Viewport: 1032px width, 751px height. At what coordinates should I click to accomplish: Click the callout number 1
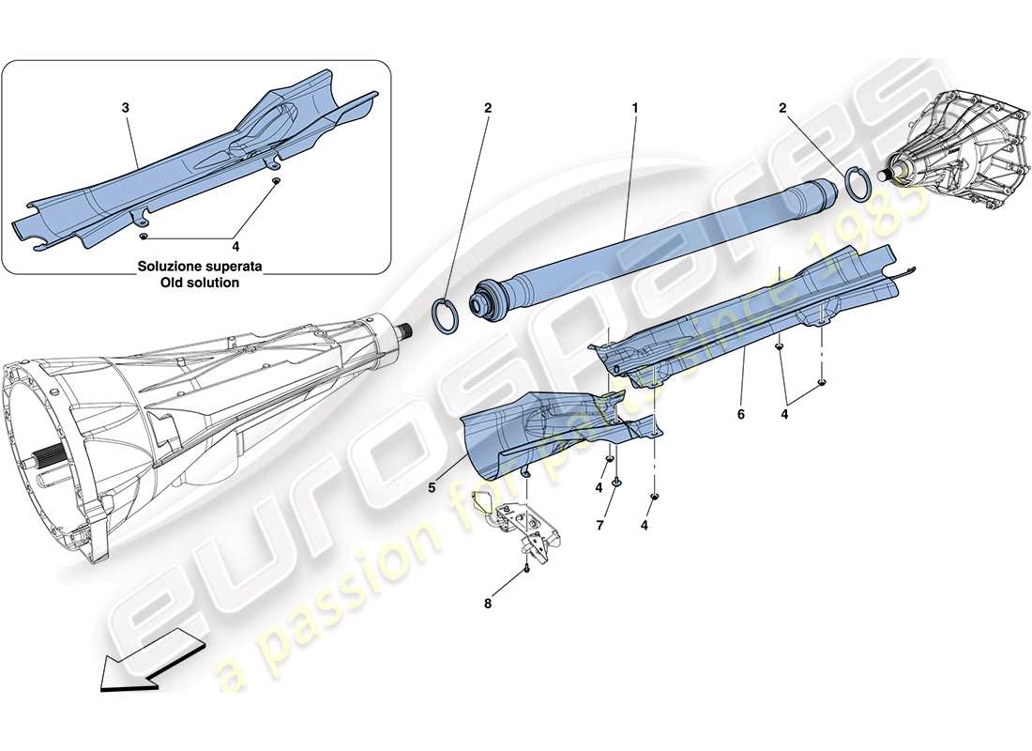(x=635, y=109)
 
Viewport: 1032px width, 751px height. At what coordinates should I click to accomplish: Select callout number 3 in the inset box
(x=126, y=109)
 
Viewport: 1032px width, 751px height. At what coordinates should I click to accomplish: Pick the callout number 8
(x=487, y=603)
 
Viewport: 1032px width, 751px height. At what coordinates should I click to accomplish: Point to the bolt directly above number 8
(x=527, y=568)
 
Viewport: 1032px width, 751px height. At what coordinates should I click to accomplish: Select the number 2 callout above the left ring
(x=487, y=109)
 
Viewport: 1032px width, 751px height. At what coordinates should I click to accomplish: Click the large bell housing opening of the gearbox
(x=52, y=451)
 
